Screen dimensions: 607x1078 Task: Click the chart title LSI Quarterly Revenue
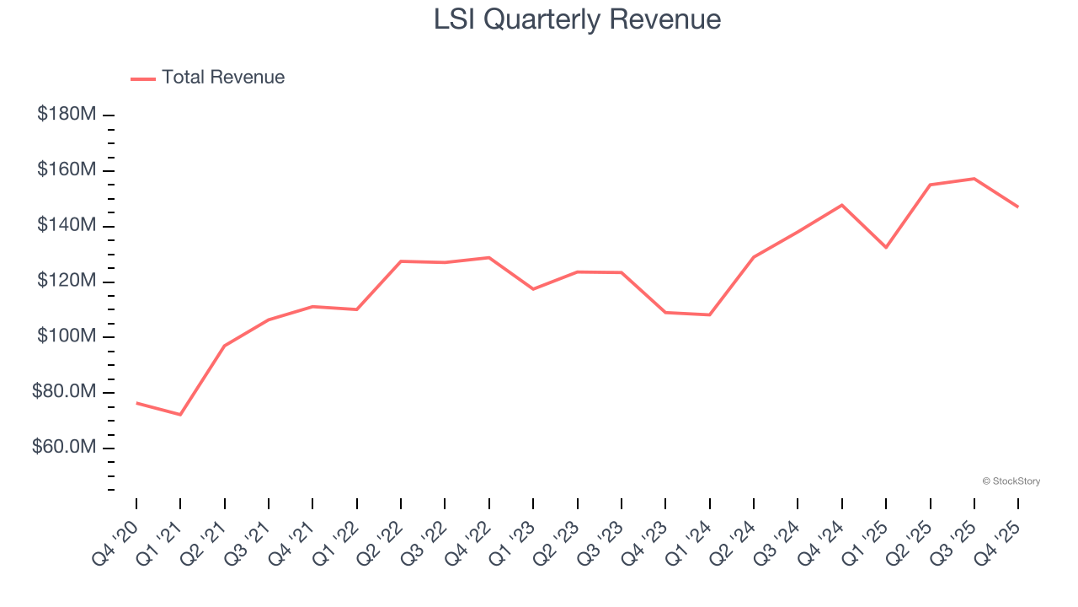[577, 19]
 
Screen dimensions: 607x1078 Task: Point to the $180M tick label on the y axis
[67, 114]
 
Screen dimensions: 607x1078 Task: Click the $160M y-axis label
[67, 170]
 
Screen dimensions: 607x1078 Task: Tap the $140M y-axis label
[67, 225]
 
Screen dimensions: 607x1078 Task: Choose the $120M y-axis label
[67, 281]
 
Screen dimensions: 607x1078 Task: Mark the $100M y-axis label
[67, 336]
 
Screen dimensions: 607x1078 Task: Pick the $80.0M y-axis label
[64, 392]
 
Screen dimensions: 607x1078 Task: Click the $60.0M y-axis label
[64, 447]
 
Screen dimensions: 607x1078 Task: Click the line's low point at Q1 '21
[180, 415]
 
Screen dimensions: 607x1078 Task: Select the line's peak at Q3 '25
[974, 179]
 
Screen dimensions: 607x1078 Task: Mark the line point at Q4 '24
[841, 205]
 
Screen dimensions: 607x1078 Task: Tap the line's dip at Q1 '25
[886, 247]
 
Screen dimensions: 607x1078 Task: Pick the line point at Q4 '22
[489, 257]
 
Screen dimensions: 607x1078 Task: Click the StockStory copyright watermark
[1011, 481]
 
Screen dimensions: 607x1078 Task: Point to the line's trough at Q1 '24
[709, 314]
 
